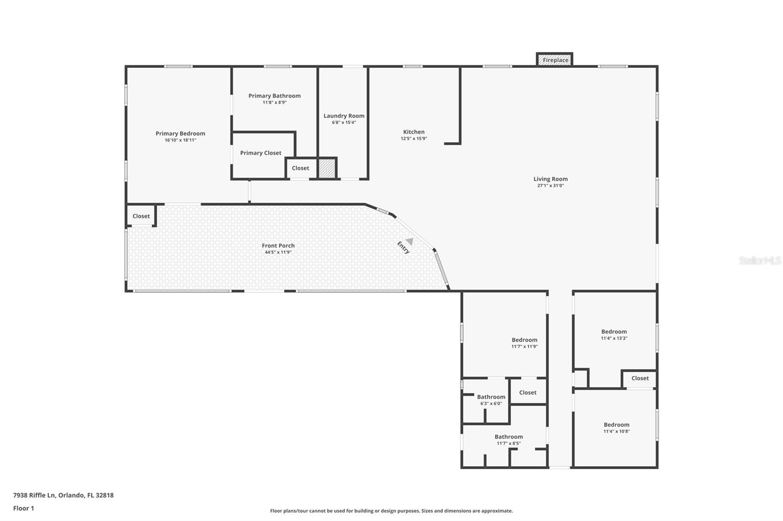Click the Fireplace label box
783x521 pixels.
554,60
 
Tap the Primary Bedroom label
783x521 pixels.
181,133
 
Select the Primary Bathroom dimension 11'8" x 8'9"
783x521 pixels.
275,103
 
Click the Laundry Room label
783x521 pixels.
344,115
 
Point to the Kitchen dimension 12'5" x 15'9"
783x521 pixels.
414,139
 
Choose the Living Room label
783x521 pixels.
551,179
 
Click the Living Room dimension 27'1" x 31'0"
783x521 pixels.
551,186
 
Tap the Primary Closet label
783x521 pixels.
261,153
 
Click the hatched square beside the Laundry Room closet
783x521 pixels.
327,168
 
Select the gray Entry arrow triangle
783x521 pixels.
410,241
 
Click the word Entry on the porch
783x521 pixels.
403,248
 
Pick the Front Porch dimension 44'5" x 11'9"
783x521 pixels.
278,253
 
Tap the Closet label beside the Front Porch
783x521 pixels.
141,216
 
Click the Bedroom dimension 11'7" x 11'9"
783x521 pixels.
525,347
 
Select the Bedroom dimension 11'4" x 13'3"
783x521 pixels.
614,338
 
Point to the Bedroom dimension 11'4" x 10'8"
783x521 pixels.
617,432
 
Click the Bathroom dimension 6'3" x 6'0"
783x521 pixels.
491,404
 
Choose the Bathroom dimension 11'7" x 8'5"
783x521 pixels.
509,443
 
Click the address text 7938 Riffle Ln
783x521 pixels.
34,495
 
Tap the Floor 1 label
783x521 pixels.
24,508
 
